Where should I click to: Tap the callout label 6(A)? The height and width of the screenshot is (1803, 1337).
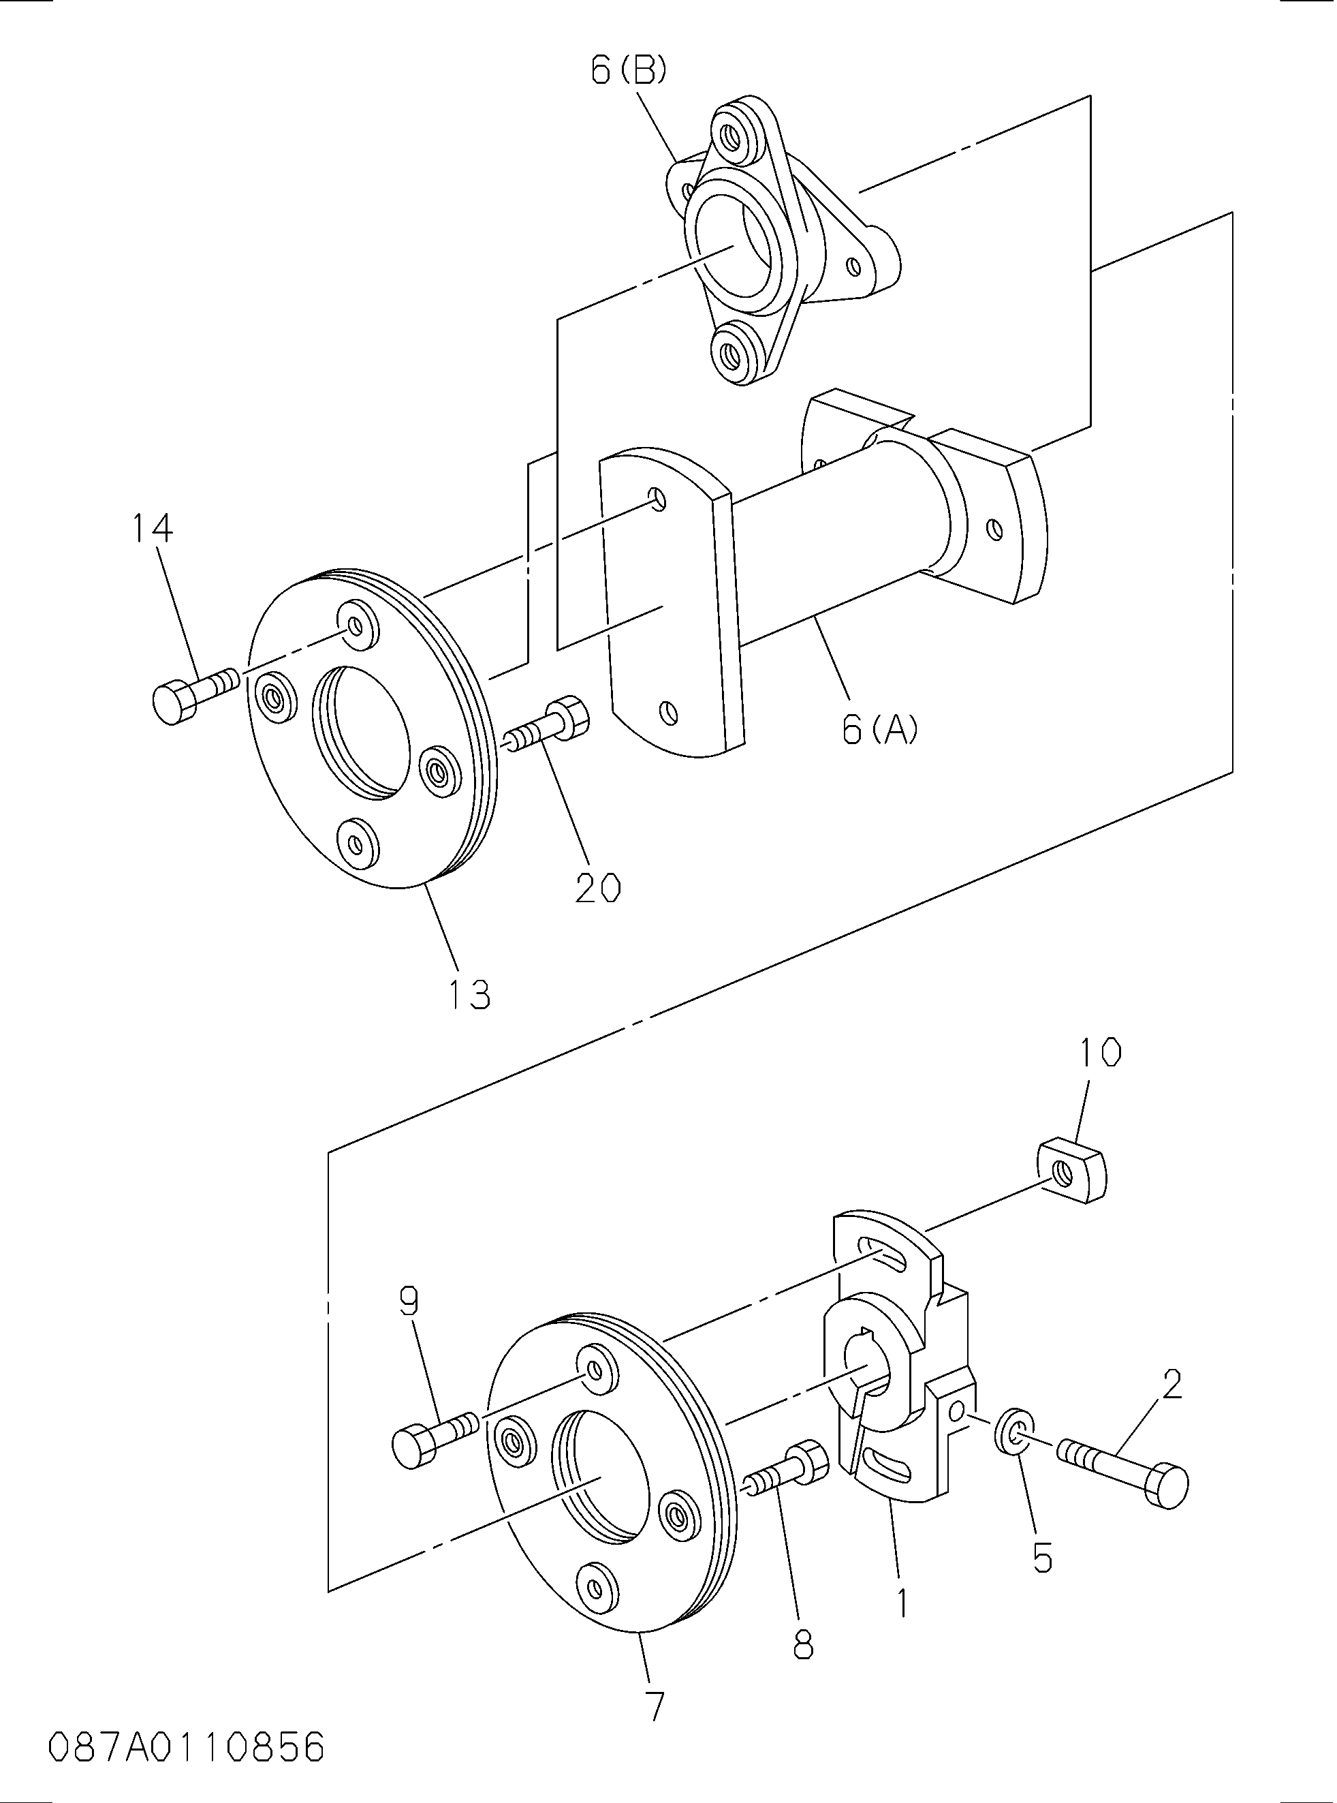[881, 730]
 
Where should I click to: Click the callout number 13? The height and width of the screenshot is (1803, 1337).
[470, 994]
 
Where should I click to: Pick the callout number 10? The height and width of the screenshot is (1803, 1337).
[1100, 1053]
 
